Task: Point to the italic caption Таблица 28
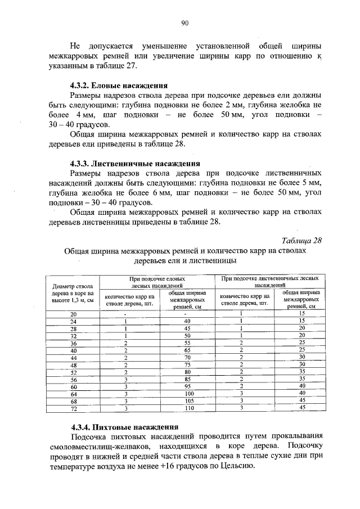301,241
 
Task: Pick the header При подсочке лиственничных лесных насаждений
271,282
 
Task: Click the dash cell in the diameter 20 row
127,313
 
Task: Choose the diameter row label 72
73,408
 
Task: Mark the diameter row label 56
73,379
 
